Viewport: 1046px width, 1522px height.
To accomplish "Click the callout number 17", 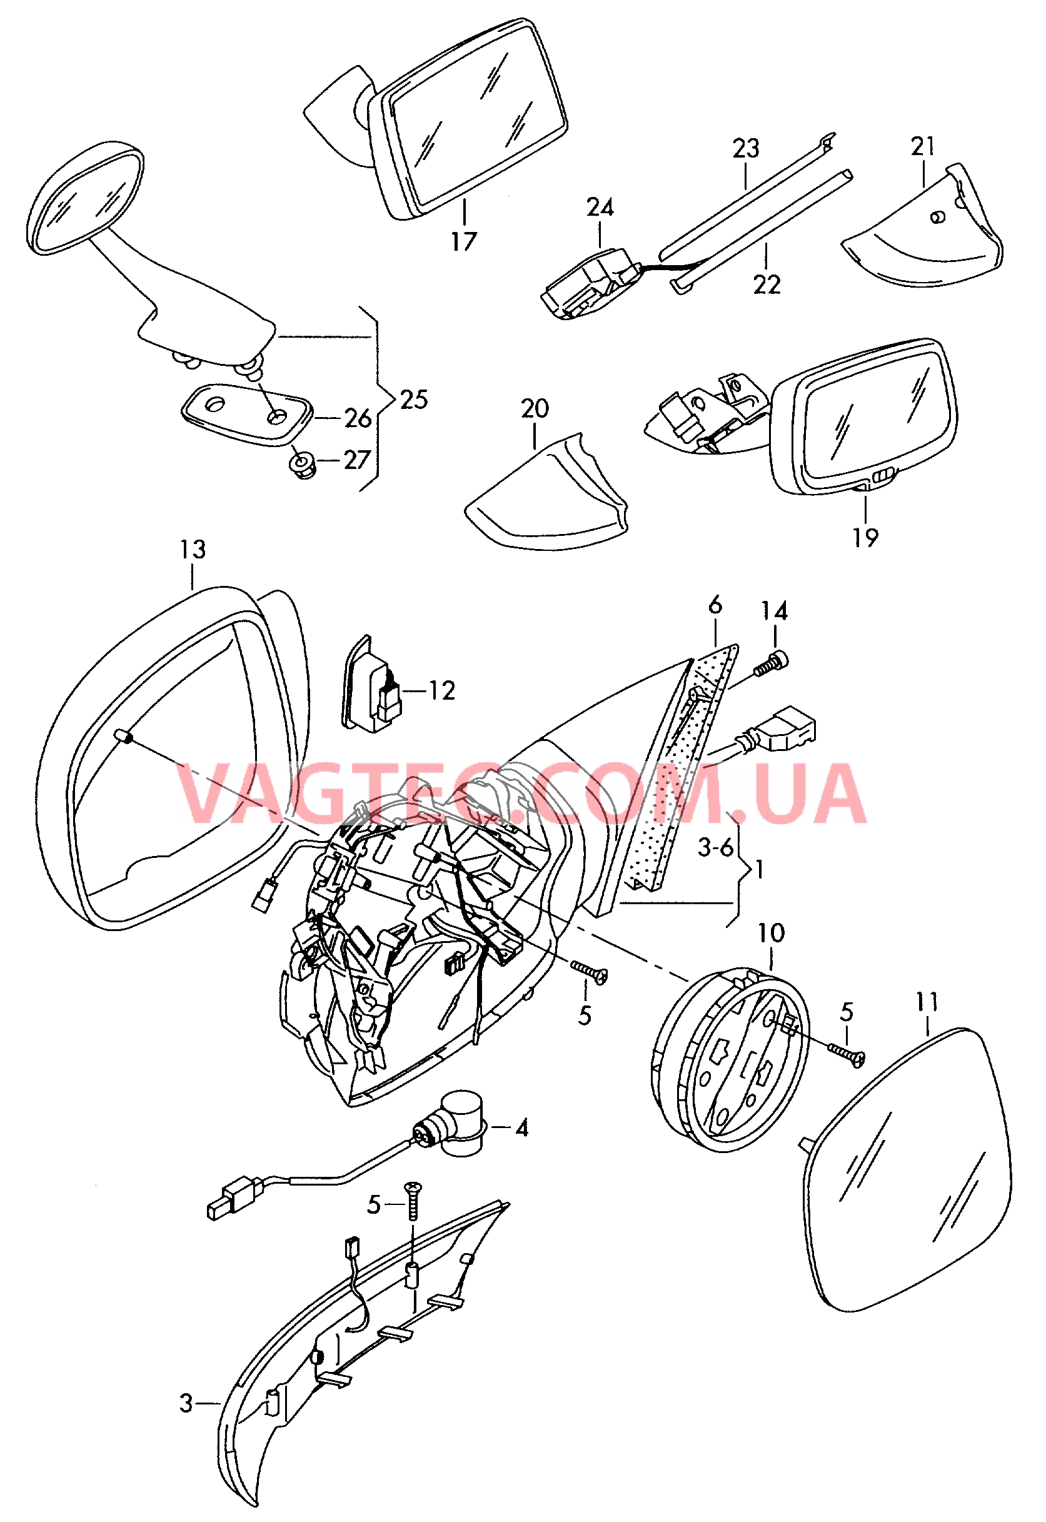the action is (463, 241).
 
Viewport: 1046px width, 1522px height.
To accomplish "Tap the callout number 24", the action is (600, 207).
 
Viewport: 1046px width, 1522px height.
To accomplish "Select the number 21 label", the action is (922, 146).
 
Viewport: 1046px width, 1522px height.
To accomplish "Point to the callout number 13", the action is (193, 549).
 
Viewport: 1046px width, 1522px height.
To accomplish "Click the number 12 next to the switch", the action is (442, 690).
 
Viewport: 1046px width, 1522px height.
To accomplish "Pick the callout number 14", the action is (774, 611).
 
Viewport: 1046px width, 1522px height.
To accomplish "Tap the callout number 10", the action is (771, 934).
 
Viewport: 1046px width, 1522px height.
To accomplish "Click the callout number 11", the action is (927, 1002).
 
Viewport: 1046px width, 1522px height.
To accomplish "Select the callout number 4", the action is (521, 1128).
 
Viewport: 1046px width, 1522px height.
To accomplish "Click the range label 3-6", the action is (716, 847).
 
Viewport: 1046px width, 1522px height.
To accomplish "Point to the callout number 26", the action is (358, 418).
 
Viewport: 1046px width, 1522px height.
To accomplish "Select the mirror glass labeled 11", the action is (908, 1169).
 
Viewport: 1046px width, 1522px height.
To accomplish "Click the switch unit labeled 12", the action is (371, 683).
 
